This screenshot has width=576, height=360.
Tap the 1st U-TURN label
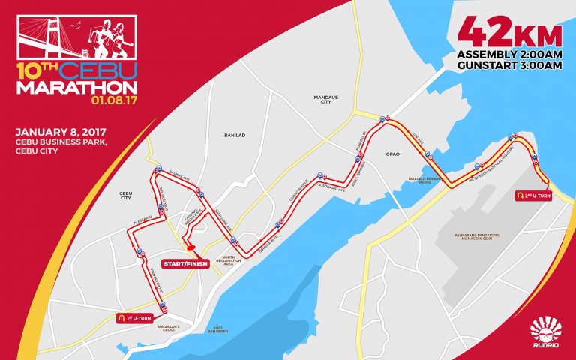(137, 317)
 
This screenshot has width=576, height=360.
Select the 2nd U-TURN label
(535, 193)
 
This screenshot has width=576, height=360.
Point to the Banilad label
(234, 135)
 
